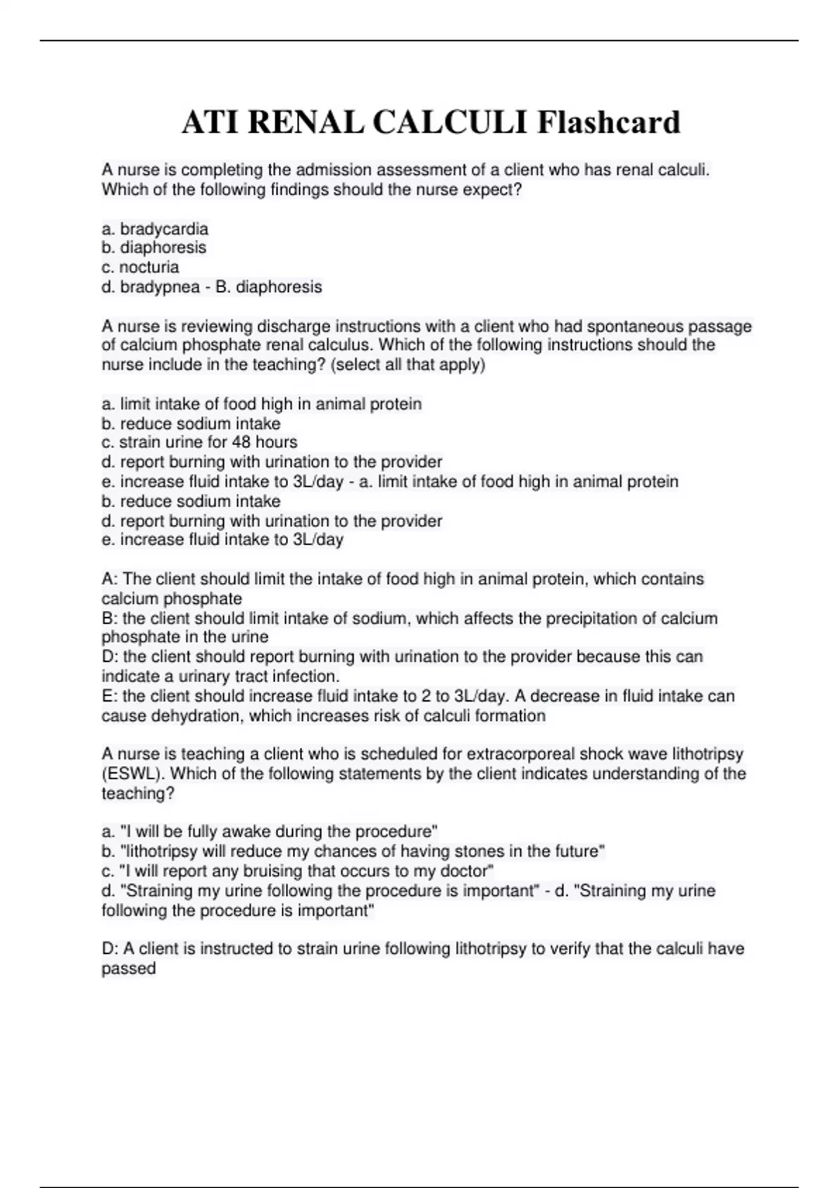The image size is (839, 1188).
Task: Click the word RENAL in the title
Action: point(306,123)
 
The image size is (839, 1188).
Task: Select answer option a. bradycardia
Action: point(155,229)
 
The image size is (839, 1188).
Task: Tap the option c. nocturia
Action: point(141,268)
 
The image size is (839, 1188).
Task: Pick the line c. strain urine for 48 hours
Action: point(199,442)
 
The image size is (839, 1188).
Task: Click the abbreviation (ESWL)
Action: point(133,774)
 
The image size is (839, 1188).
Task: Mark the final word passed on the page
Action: point(129,969)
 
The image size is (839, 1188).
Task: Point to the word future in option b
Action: point(575,852)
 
